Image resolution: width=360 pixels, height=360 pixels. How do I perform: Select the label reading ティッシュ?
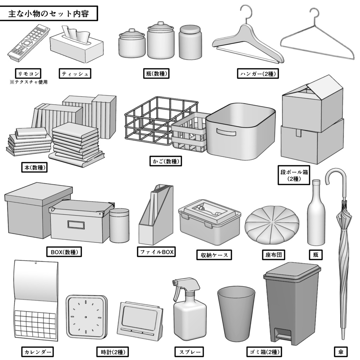(x=75, y=73)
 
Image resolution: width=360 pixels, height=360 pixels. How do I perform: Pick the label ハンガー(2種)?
(x=258, y=73)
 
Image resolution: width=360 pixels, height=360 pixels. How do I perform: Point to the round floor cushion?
(x=272, y=224)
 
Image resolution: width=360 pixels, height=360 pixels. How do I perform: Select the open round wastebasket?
(x=236, y=313)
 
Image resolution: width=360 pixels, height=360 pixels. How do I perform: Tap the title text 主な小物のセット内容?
(x=49, y=14)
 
